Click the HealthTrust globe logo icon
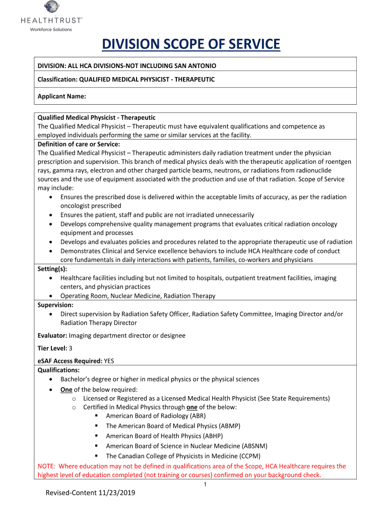click(51, 8)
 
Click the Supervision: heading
click(55, 305)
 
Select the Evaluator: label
click(52, 336)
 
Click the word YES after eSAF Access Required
click(109, 361)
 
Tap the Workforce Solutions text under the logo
click(51, 29)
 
